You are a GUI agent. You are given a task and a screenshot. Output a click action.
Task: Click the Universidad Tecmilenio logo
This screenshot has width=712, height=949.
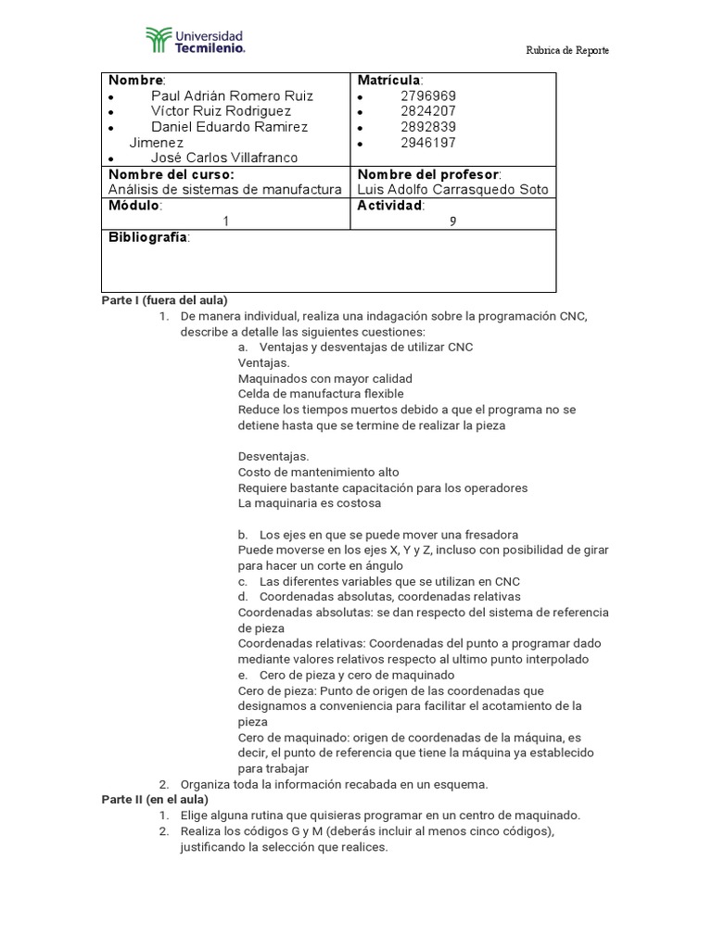pyautogui.click(x=196, y=40)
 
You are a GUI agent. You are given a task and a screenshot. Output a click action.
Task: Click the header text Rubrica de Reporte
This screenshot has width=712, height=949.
pyautogui.click(x=567, y=50)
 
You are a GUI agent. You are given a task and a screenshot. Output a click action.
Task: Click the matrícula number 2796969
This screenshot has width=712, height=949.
pyautogui.click(x=428, y=95)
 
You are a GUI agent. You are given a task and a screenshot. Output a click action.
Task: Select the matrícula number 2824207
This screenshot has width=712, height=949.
pyautogui.click(x=428, y=111)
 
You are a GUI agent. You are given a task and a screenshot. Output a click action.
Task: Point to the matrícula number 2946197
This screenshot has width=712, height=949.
pyautogui.click(x=428, y=143)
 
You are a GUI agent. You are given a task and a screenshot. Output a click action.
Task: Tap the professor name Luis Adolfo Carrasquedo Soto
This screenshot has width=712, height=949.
pyautogui.click(x=452, y=190)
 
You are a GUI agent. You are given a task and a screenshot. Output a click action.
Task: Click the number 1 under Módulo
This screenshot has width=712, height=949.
pyautogui.click(x=224, y=221)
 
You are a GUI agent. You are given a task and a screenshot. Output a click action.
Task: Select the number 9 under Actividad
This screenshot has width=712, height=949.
pyautogui.click(x=452, y=221)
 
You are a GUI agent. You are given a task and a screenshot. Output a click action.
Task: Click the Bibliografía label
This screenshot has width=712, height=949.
pyautogui.click(x=149, y=238)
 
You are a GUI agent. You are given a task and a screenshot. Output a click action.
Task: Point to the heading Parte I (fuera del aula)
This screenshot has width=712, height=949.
pyautogui.click(x=163, y=300)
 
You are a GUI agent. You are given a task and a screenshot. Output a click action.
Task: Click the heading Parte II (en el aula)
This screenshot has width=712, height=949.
pyautogui.click(x=154, y=799)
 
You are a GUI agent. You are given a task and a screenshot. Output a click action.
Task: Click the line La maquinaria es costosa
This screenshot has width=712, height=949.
pyautogui.click(x=309, y=503)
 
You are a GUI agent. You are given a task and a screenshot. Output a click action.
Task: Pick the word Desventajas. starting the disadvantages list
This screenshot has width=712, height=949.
pyautogui.click(x=273, y=456)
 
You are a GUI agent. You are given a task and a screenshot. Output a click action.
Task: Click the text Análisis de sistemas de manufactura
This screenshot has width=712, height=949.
pyautogui.click(x=225, y=190)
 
